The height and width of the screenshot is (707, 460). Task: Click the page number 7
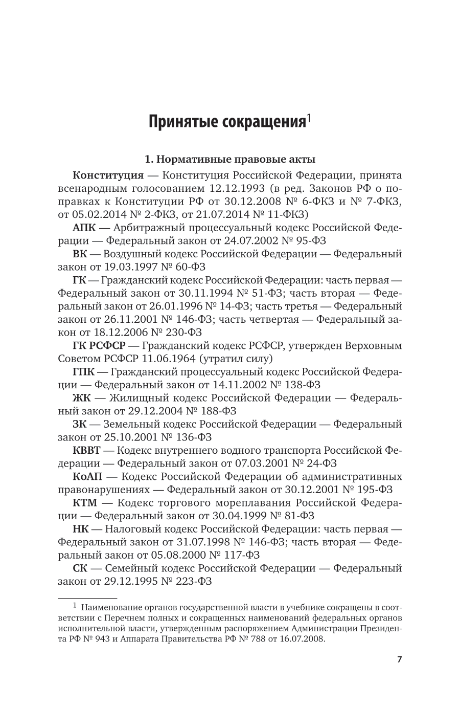pos(399,659)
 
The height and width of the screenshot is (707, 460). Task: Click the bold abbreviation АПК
pos(84,228)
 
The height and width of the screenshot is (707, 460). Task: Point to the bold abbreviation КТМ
pos(85,503)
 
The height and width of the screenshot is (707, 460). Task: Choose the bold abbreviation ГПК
pos(84,372)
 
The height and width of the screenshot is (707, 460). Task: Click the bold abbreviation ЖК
pos(81,398)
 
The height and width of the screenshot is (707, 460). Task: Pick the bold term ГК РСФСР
pos(100,346)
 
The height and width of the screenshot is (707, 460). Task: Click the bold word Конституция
pos(108,175)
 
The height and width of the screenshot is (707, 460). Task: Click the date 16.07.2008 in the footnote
pos(301,639)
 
